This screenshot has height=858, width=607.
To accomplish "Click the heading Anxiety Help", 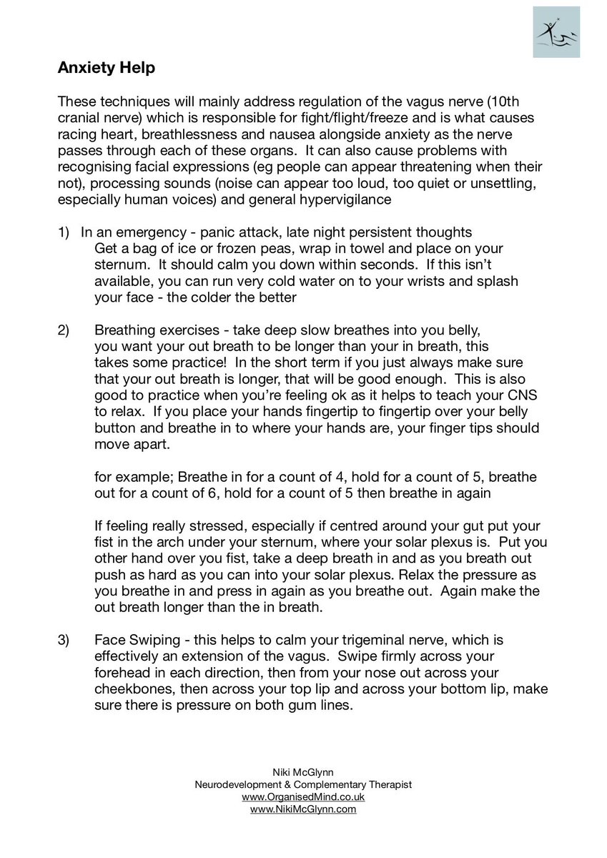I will [106, 69].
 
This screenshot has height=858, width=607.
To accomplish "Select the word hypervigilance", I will [342, 199].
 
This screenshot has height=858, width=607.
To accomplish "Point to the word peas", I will [275, 249].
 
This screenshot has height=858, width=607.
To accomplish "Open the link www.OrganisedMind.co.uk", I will [303, 797].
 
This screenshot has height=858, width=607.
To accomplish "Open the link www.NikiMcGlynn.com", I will [303, 809].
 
